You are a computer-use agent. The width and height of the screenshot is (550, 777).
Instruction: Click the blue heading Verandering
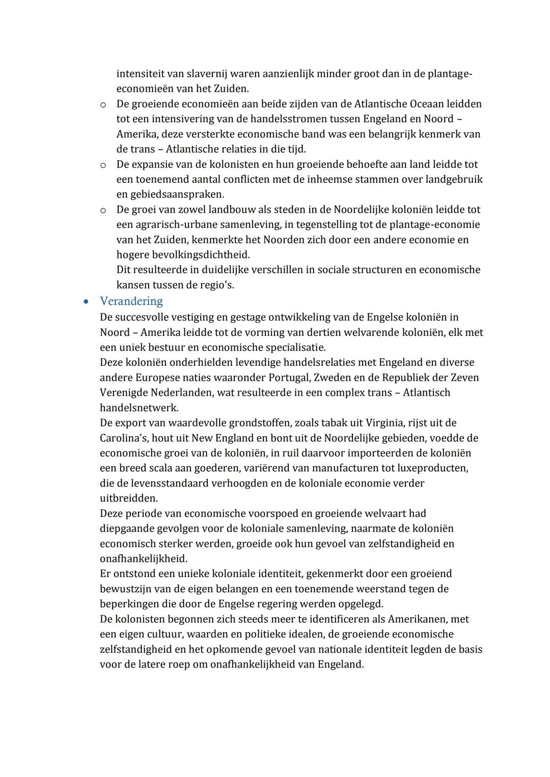131,301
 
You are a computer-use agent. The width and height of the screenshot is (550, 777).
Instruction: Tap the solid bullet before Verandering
87,302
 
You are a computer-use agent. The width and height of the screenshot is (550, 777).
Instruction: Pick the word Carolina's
123,438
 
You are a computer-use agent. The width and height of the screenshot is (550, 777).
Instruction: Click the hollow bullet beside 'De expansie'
103,165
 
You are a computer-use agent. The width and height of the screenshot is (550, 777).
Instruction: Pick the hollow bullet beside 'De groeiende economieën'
103,105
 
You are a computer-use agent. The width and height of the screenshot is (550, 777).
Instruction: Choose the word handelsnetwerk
139,408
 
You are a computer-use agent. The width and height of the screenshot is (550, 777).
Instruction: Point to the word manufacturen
321,468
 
